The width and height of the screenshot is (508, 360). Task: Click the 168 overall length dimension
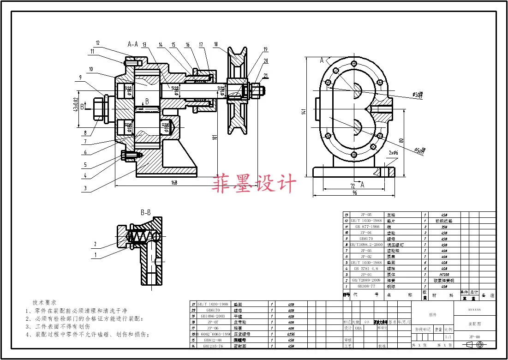click(x=174, y=183)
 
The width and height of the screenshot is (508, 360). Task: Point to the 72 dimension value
click(x=353, y=186)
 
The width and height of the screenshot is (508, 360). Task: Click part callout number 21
click(x=266, y=76)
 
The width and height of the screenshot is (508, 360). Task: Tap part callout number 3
click(x=85, y=188)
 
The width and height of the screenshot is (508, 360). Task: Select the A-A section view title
click(x=133, y=44)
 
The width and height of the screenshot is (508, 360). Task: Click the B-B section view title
click(x=145, y=213)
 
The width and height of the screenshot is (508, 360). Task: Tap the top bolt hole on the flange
click(x=353, y=64)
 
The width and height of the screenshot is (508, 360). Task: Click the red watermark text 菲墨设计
click(x=254, y=184)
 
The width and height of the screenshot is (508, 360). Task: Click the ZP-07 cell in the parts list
click(x=213, y=322)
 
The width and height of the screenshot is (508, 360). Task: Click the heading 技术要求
click(x=44, y=302)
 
